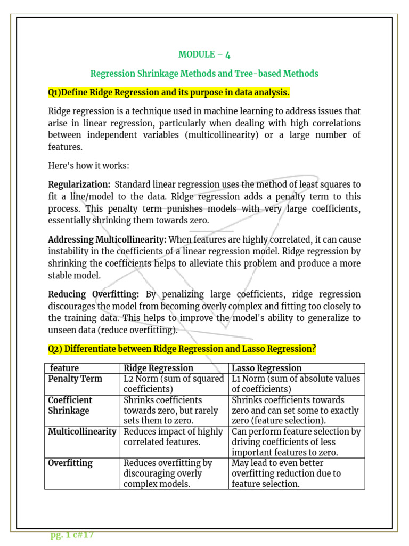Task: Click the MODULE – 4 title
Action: (204, 54)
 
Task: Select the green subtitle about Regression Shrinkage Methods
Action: (204, 74)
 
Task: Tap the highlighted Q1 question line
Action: (169, 93)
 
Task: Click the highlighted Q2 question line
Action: (182, 349)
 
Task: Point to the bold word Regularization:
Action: (79, 184)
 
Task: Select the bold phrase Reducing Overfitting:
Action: (94, 294)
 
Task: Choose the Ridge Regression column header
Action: (158, 368)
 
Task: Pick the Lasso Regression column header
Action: (267, 368)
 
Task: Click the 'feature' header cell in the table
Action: (64, 368)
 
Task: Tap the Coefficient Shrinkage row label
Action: (70, 405)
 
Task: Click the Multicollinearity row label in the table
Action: (82, 431)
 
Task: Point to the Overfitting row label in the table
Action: (70, 463)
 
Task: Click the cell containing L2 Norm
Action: (174, 384)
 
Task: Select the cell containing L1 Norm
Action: (296, 384)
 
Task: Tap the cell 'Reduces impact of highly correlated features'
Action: (173, 437)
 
